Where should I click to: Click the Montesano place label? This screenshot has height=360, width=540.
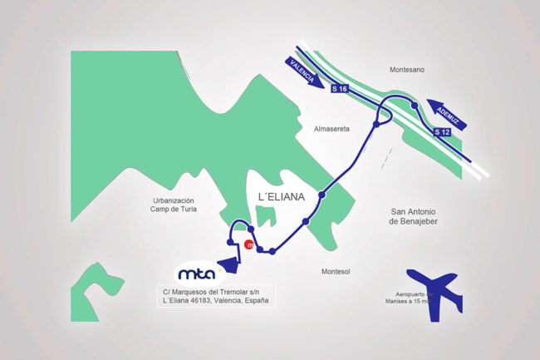[x=407, y=70]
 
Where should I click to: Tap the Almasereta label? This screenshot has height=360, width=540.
[x=332, y=130]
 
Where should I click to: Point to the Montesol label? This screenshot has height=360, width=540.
[x=338, y=272]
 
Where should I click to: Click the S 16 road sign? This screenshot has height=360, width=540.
[x=338, y=88]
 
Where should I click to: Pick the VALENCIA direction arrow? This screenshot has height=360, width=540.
[x=303, y=72]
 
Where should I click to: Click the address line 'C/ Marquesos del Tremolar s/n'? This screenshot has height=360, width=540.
[x=214, y=291]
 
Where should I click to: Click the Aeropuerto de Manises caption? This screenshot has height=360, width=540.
[x=406, y=300]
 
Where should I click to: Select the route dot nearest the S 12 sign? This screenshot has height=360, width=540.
[x=414, y=106]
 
